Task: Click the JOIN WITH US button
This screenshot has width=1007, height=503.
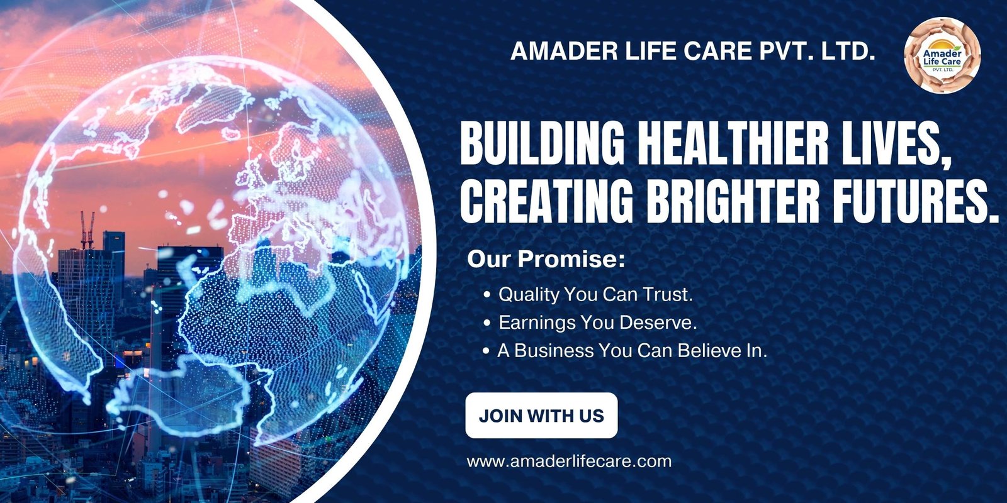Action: pos(541,416)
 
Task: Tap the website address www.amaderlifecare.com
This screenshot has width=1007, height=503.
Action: pos(569,462)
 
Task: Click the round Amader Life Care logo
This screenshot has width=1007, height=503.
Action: pos(942,55)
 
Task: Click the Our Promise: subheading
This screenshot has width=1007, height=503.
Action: pos(546,260)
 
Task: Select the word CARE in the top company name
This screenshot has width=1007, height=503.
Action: pos(718,51)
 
